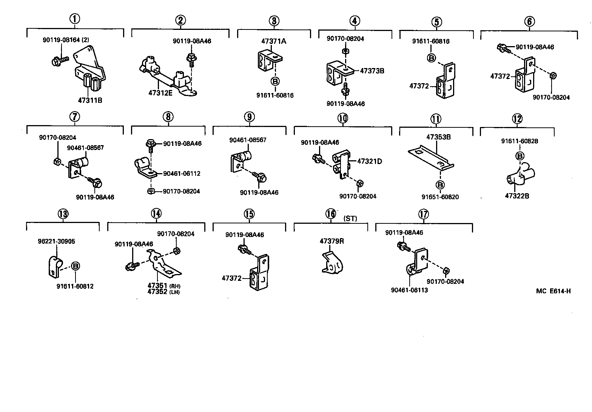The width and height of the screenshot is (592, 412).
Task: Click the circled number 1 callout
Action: tap(75, 19)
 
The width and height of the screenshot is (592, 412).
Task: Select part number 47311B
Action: tap(90, 101)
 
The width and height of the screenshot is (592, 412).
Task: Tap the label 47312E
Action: tap(160, 93)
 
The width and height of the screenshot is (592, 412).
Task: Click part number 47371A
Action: tap(274, 41)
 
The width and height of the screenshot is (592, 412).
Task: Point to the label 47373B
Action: tap(372, 71)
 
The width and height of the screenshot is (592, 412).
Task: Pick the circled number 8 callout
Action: tap(168, 117)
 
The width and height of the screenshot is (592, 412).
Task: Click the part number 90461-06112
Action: tap(182, 174)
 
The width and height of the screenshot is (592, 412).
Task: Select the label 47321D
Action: tap(370, 161)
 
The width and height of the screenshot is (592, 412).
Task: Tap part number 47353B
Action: tap(438, 137)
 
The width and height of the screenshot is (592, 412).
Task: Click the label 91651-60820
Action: tap(440, 197)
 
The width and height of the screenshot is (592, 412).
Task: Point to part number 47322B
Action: tap(517, 196)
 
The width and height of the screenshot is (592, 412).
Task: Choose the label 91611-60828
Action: tap(520, 141)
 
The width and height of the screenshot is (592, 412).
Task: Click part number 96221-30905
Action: tap(56, 242)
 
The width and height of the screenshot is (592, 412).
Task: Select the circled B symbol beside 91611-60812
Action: tap(76, 266)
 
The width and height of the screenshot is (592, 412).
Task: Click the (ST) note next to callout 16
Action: tap(350, 218)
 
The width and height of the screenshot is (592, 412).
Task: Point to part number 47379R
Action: tap(332, 241)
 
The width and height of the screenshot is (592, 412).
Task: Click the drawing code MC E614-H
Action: tap(553, 291)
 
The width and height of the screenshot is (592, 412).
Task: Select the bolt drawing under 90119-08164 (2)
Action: tap(59, 60)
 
